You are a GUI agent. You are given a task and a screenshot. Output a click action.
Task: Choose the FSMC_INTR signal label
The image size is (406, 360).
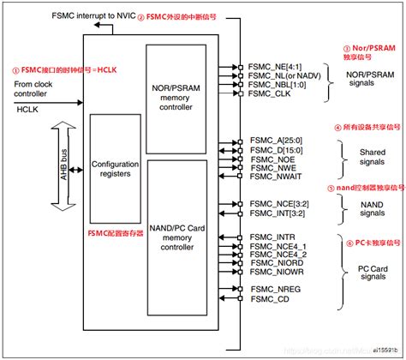(x=272, y=235)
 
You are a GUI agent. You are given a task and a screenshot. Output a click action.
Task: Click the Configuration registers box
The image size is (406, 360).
(x=116, y=167)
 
